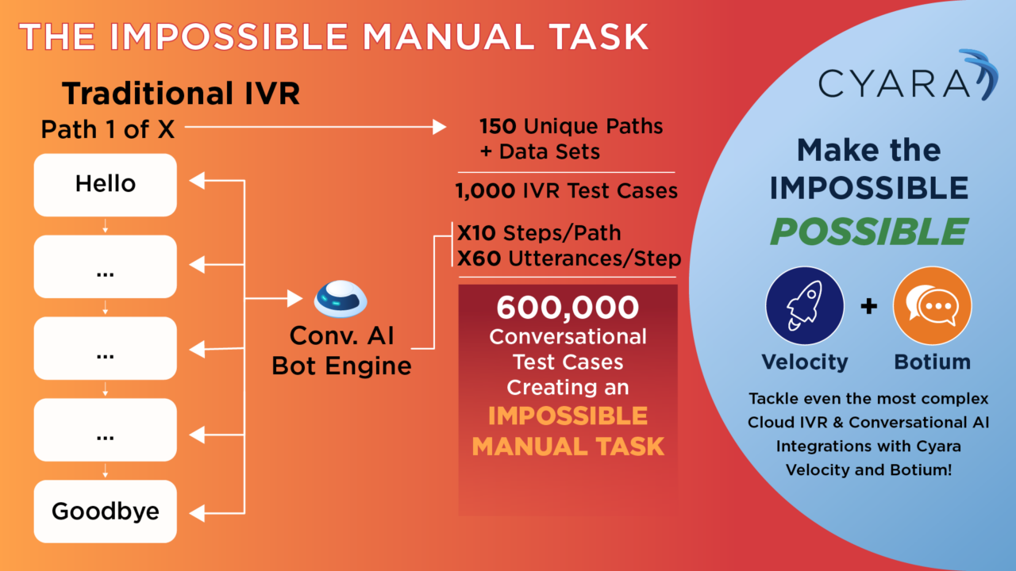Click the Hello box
105,185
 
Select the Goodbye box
105,512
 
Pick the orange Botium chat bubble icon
932,305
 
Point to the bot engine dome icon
341,299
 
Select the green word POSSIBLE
868,232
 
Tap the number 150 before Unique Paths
498,127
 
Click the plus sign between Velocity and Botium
868,306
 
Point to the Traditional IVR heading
181,94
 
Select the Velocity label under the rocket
804,362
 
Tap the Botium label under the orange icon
932,362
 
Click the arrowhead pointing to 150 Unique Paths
439,126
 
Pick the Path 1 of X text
107,129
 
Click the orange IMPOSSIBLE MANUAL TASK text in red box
568,431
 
